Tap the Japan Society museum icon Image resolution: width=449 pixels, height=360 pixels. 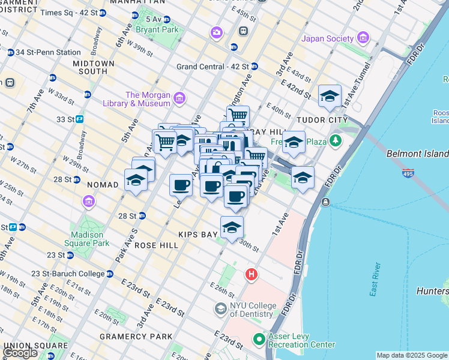[363, 39]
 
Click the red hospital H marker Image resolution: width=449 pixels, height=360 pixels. [252, 275]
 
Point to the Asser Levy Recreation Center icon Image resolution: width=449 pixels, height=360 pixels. [259, 340]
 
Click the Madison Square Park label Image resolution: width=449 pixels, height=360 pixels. [90, 239]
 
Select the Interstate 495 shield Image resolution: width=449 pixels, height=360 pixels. [408, 172]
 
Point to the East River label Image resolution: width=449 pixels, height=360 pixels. [376, 271]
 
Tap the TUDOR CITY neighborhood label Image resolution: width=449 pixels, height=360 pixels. [327, 120]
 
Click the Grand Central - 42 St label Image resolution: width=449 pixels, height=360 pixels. [213, 67]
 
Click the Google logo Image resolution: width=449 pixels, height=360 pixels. [20, 353]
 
